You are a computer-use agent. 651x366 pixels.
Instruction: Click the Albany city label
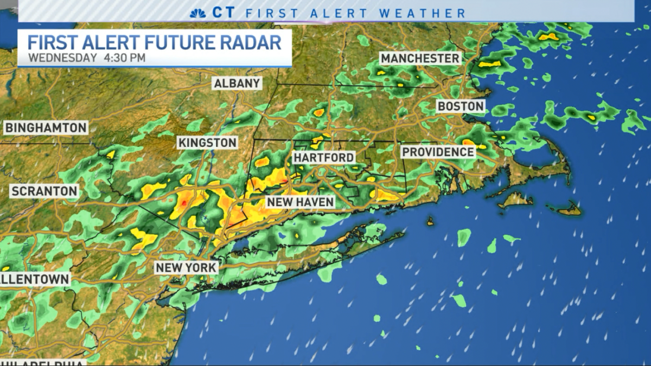click(238, 84)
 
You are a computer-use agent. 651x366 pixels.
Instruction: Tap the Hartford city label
click(323, 157)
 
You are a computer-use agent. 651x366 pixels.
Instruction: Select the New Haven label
click(300, 202)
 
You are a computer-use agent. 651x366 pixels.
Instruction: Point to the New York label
click(186, 267)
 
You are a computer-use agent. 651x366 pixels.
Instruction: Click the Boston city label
click(460, 106)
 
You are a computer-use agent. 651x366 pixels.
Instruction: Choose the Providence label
click(438, 152)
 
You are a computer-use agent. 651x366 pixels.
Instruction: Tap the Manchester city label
click(420, 58)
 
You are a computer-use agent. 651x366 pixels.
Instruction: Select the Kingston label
click(207, 143)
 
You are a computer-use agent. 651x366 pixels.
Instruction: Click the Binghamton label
click(46, 128)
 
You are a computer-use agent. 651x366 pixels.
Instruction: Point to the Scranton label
click(44, 191)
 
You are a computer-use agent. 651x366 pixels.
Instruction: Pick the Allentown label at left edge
click(35, 279)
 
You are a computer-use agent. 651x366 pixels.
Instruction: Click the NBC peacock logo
click(197, 12)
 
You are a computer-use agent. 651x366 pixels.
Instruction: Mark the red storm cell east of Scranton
click(184, 203)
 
